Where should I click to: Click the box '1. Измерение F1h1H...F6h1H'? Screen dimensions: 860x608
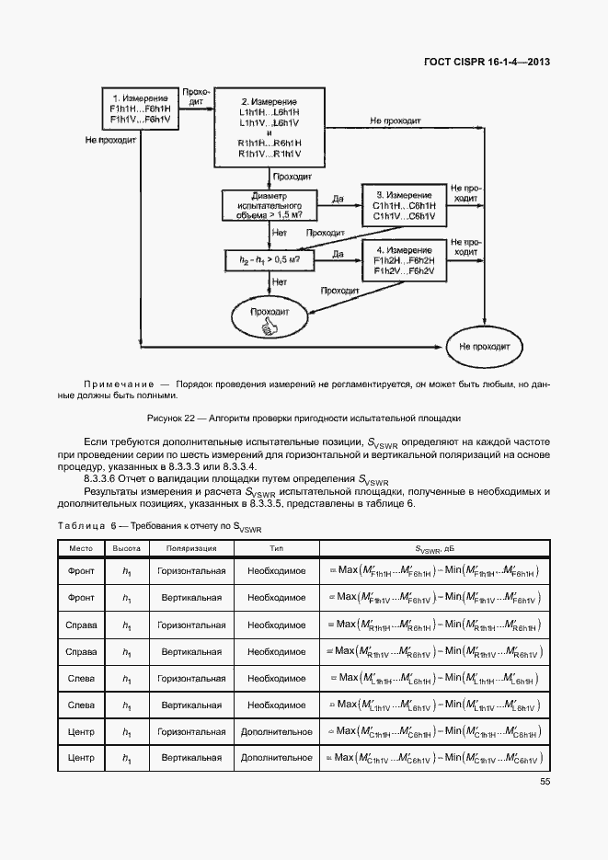coord(139,109)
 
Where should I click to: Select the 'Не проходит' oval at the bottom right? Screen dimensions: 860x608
coord(484,347)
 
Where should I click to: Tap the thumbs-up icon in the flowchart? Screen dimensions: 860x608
coord(270,327)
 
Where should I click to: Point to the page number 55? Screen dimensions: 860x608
coord(545,782)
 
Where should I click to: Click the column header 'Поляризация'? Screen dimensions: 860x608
coord(191,548)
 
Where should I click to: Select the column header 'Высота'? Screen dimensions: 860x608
coord(127,548)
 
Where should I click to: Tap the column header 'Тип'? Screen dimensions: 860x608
coord(276,548)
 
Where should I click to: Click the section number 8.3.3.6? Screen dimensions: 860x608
coord(105,478)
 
